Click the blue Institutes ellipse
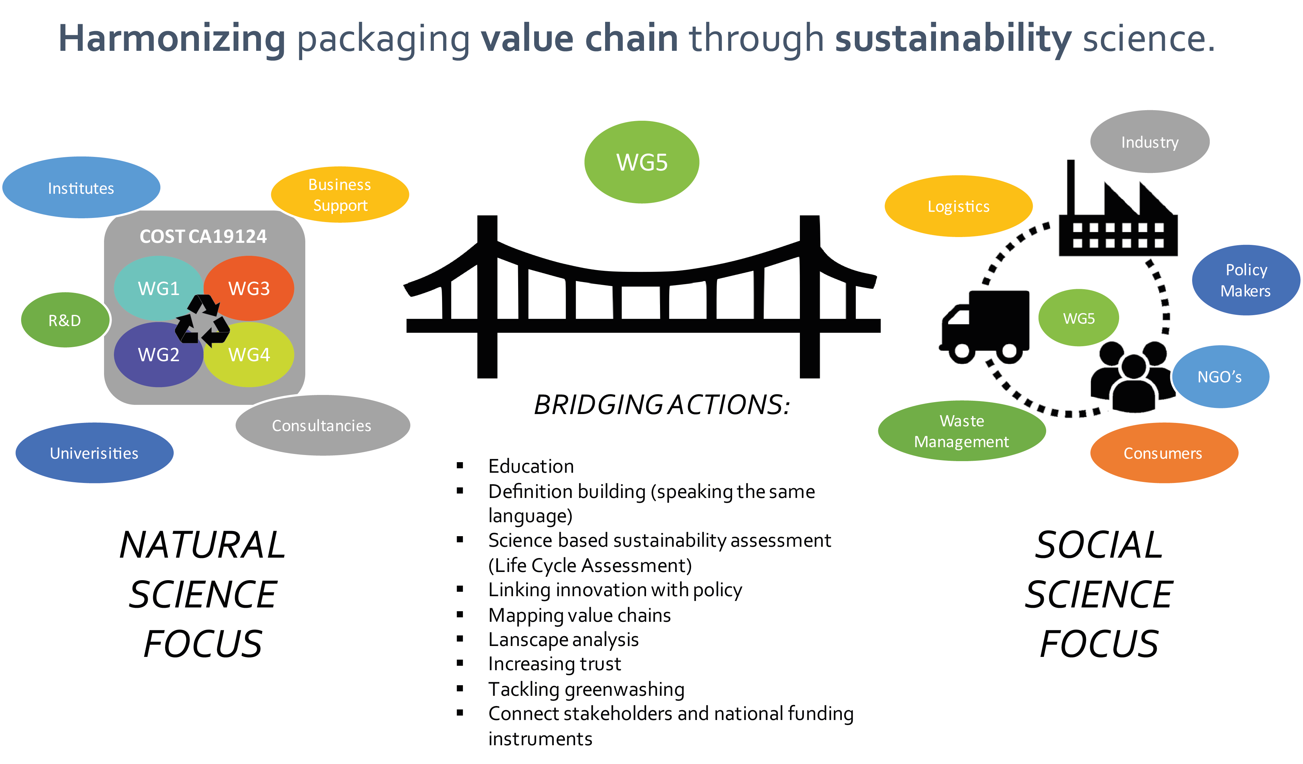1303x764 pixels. (81, 188)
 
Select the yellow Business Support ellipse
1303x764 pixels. (340, 195)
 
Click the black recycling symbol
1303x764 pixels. (202, 321)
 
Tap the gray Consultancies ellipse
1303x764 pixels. (322, 425)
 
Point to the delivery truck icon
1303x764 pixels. (984, 326)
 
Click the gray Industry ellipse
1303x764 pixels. (1150, 142)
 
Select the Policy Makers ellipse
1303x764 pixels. (1246, 280)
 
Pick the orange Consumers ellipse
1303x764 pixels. (1163, 453)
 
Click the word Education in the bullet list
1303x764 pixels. (531, 466)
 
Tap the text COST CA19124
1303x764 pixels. (203, 237)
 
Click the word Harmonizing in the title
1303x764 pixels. (172, 39)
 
